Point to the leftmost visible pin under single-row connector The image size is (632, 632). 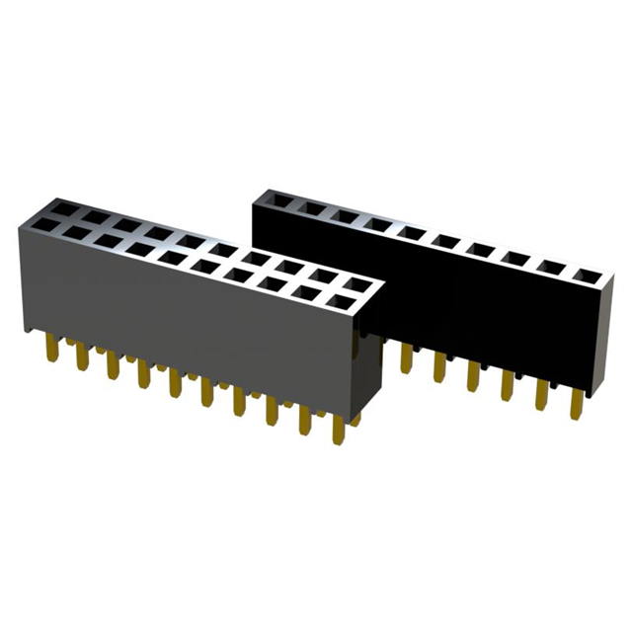click(x=406, y=357)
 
